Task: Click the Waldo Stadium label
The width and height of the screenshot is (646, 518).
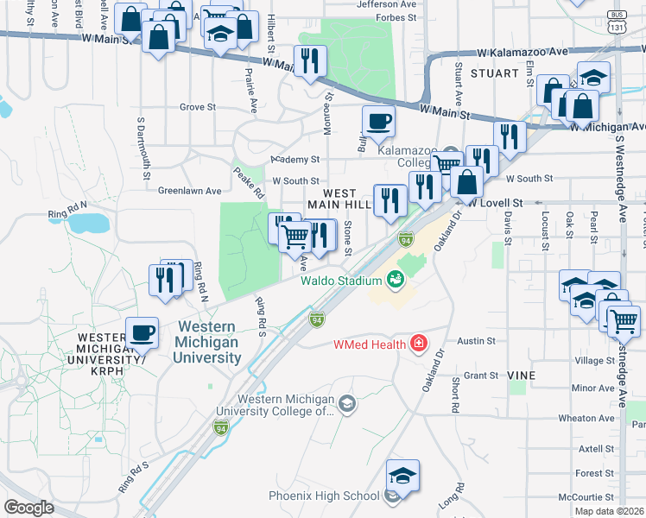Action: coord(341,281)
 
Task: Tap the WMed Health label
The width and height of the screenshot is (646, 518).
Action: coord(370,345)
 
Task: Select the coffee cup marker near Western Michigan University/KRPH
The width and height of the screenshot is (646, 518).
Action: coord(142,332)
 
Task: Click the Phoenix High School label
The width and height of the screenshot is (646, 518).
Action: coord(324,496)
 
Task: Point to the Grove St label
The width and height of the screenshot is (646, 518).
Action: coord(197,107)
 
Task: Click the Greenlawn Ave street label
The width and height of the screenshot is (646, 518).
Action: coord(189,191)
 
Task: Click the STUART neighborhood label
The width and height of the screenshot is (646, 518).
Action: coord(494,73)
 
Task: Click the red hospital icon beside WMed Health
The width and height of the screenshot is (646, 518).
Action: coord(420,344)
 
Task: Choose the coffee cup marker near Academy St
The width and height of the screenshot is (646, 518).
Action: coord(377,121)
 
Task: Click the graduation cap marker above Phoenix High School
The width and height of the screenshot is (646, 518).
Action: coord(402,475)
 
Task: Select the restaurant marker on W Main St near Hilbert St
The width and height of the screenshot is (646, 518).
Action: coord(310,60)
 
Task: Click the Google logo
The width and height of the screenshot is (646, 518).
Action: coord(28,508)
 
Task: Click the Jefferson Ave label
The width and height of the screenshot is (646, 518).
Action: coord(386,4)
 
